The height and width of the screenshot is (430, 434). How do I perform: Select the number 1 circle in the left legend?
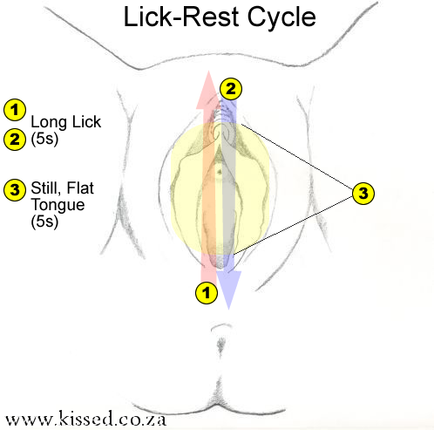pos(15,110)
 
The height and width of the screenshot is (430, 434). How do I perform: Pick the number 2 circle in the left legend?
pos(15,137)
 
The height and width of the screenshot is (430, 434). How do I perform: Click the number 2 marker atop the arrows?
pos(230,87)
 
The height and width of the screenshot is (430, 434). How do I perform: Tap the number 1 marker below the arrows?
pos(207,292)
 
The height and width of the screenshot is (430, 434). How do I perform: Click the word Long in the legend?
pos(46,122)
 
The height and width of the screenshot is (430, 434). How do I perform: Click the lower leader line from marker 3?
pos(296,223)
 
